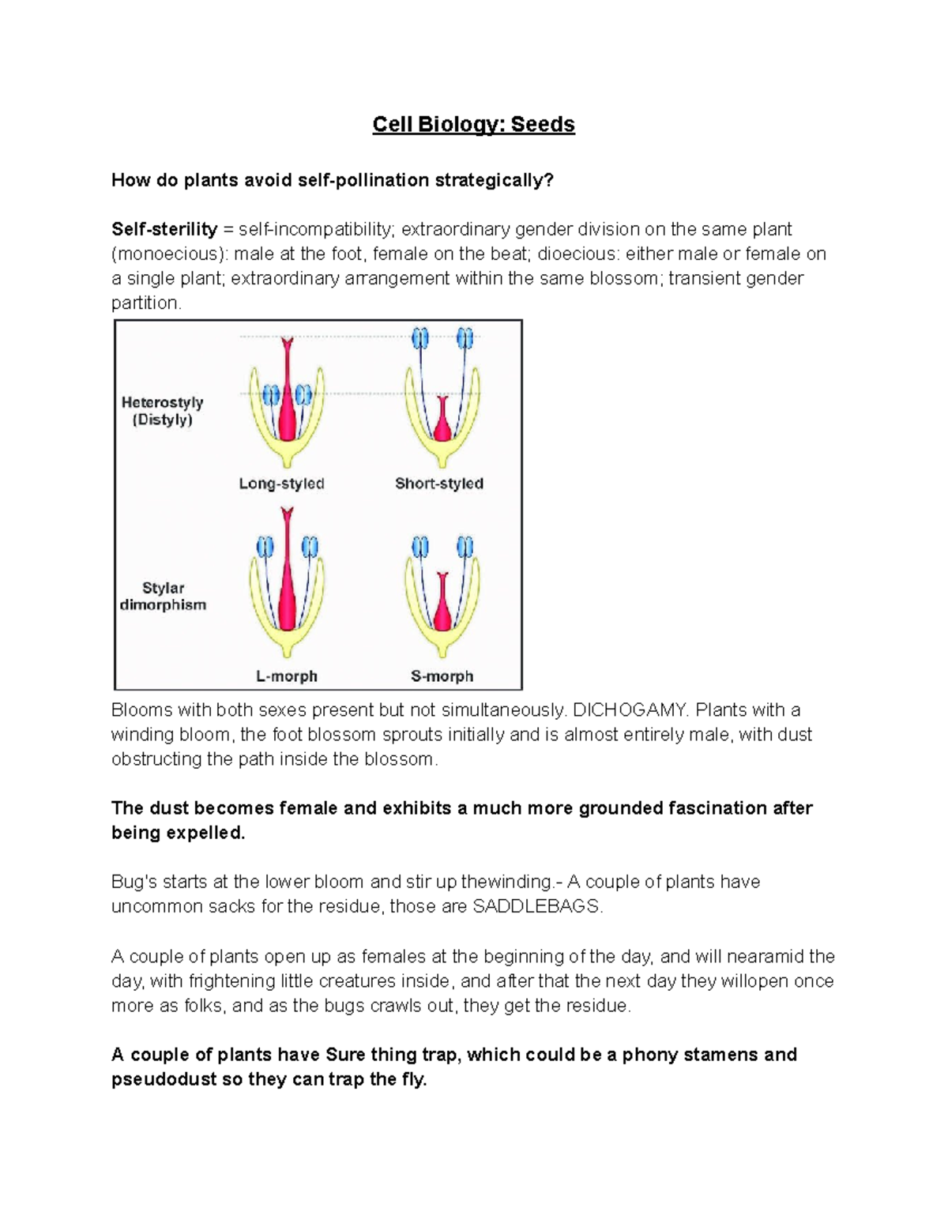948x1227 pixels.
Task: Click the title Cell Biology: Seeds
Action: (x=473, y=125)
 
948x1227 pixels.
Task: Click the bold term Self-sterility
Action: (x=164, y=229)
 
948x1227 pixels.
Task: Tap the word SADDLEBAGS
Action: (x=536, y=906)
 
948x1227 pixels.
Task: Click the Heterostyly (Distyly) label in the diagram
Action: (x=162, y=411)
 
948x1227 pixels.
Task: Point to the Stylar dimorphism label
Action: (x=163, y=597)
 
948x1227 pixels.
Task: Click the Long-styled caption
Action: (x=281, y=484)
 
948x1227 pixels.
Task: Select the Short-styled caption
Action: (x=439, y=484)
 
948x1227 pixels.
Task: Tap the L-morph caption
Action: (x=286, y=676)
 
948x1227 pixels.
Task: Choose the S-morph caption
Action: (x=442, y=676)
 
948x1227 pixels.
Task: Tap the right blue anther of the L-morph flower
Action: (x=310, y=546)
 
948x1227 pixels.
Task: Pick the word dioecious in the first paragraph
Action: (x=574, y=254)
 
